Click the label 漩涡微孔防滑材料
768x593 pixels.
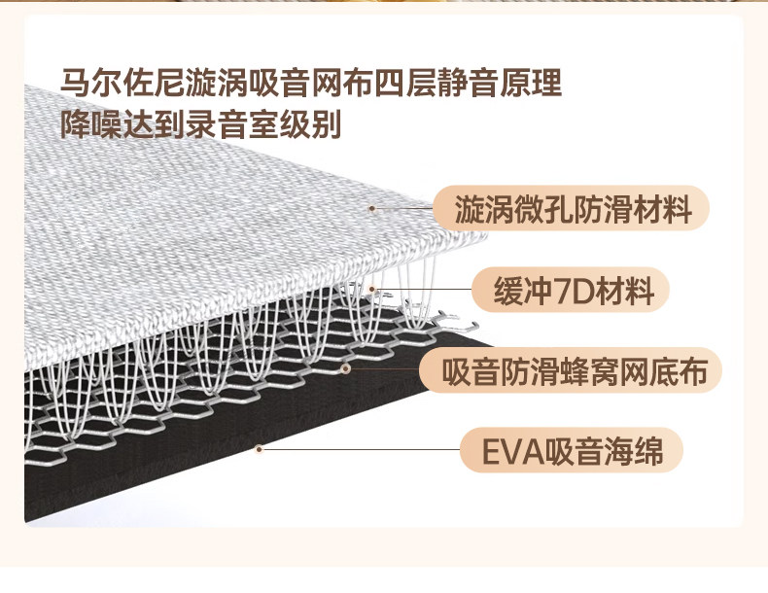coord(574,209)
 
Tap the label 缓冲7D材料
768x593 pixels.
coord(571,290)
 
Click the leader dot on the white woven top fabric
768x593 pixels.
coord(371,208)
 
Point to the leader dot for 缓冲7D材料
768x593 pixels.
coord(372,289)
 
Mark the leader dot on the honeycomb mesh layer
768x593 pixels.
coord(345,369)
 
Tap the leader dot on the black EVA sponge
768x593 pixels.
coord(259,449)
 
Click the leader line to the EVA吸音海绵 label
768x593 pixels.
coord(360,450)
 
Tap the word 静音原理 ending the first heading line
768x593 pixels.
coord(499,84)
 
